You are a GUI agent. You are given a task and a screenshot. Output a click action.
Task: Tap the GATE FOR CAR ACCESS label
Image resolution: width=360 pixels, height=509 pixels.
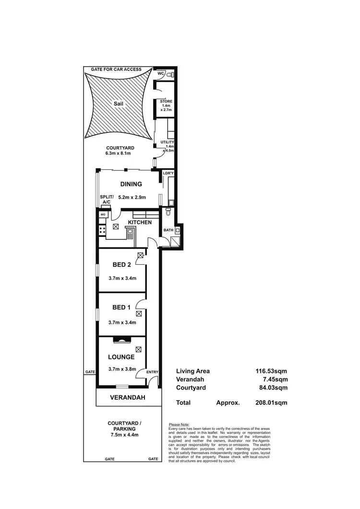coord(116,70)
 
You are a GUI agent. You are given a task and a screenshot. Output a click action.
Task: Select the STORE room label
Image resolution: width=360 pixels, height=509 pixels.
coord(166,102)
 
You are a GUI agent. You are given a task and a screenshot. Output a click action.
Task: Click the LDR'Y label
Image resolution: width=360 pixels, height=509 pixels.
coord(168,173)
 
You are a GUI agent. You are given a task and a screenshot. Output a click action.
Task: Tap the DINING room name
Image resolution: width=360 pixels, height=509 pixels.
coord(131,184)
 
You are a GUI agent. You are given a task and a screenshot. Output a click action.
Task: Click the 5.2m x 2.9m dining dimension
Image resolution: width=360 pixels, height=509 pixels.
coord(132,197)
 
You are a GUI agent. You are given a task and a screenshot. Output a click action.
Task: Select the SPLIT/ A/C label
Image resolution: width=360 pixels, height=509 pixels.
coord(106,200)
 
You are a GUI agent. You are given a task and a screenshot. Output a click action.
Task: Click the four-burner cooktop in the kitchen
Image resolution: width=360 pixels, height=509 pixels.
coord(102,230)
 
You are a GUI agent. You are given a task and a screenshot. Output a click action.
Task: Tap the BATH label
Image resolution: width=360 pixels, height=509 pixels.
coord(168,230)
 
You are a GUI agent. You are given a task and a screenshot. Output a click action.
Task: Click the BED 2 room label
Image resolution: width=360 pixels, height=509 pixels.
coord(121,265)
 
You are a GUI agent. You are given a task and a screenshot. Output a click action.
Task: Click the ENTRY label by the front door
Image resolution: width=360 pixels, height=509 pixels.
coord(152,372)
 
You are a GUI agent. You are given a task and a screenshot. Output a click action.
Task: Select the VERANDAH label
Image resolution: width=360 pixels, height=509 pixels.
coord(128,398)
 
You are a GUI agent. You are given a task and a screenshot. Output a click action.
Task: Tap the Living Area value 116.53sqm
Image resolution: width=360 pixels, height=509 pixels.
coord(271,371)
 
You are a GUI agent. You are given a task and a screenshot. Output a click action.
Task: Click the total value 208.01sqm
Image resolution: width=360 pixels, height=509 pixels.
coord(271,402)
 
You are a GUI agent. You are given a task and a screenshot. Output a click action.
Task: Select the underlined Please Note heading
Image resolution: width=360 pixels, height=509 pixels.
coord(180,425)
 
